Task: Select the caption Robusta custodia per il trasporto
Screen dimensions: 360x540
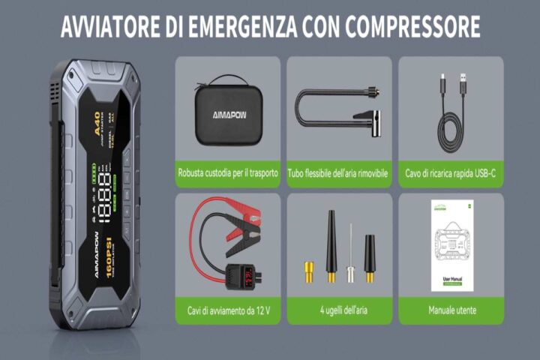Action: pos(227,173)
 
